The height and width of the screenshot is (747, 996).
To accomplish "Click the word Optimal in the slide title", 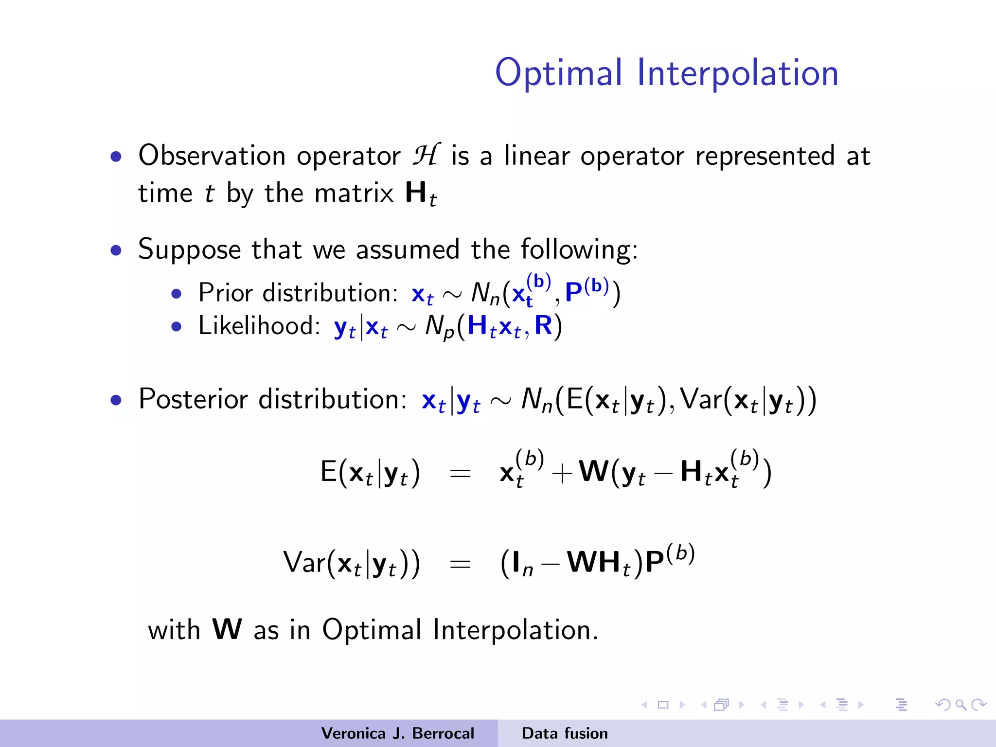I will click(x=558, y=73).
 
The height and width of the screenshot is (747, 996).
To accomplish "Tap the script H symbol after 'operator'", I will click(x=426, y=155).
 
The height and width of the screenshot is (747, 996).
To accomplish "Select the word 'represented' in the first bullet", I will click(x=765, y=156).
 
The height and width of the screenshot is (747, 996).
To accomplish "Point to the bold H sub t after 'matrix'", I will click(x=420, y=194).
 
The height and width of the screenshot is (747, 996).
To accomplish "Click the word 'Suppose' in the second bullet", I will click(x=189, y=250).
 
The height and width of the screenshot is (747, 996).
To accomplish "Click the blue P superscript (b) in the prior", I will click(x=586, y=290).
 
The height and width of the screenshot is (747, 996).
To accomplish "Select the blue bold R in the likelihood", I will click(x=543, y=325).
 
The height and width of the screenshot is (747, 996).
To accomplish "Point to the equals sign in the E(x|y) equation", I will click(x=460, y=473).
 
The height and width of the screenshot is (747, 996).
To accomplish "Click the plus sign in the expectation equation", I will click(x=561, y=473).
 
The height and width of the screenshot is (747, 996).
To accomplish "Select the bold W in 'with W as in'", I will click(x=227, y=629).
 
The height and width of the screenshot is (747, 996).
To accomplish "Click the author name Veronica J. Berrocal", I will click(x=397, y=733).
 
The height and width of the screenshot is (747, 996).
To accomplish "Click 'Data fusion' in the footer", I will click(x=564, y=733).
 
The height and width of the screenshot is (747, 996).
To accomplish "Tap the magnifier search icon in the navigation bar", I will click(x=960, y=705).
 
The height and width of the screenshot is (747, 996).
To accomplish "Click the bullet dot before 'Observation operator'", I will click(x=116, y=157).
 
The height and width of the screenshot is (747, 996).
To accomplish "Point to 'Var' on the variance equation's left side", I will click(x=304, y=563).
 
